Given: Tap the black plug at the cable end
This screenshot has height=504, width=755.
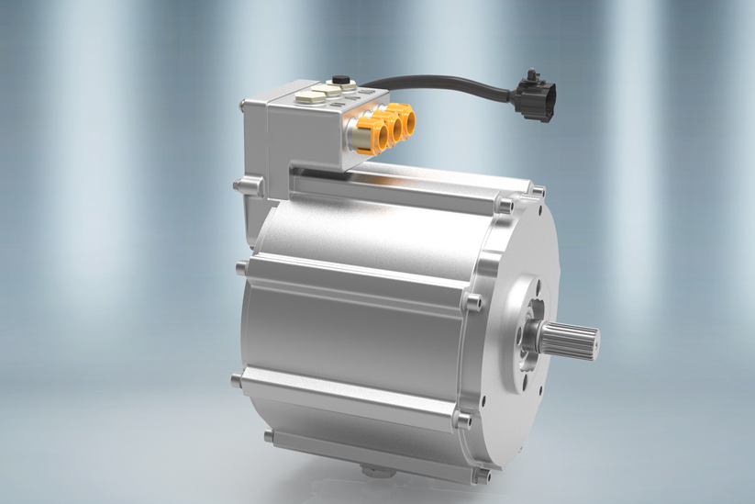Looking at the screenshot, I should click(531, 92).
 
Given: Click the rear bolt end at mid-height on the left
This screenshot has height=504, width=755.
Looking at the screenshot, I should click(239, 267).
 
